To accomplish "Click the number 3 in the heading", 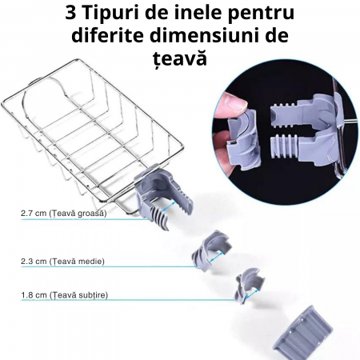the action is [x=70, y=13].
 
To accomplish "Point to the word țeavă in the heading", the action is [x=180, y=58].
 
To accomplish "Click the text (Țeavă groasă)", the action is [x=78, y=214].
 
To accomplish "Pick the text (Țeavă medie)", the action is [x=77, y=261].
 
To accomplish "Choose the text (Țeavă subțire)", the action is [x=78, y=295].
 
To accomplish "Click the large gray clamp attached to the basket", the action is [x=162, y=198].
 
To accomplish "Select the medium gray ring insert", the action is [x=210, y=250].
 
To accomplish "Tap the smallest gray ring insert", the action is [x=249, y=286].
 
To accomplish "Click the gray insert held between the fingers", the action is [x=242, y=140].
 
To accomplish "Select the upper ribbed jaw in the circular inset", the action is [x=286, y=114].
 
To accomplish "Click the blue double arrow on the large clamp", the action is [x=169, y=206].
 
